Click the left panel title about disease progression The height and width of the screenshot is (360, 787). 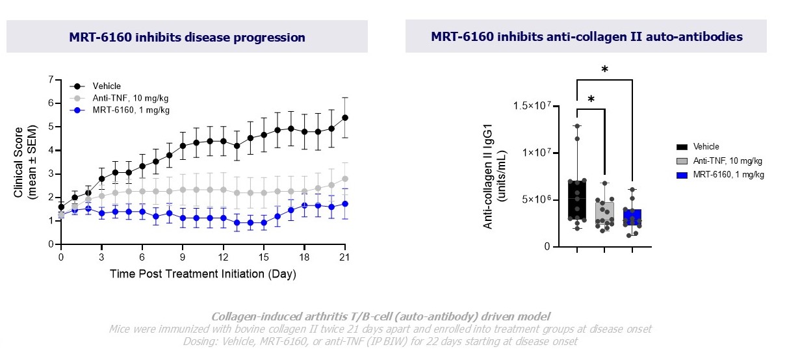[x=187, y=37]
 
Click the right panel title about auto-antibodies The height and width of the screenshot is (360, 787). [x=587, y=37]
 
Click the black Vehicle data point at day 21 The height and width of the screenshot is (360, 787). [x=345, y=118]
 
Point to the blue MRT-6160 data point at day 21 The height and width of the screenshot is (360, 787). [x=345, y=203]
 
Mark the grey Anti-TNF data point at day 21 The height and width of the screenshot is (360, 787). [x=345, y=179]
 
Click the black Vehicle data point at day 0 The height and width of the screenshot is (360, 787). [x=61, y=207]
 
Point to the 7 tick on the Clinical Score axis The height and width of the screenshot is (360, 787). [x=51, y=79]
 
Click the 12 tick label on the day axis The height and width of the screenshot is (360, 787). [x=223, y=257]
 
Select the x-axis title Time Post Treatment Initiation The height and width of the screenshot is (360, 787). [x=203, y=274]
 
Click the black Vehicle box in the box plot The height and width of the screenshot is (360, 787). [x=577, y=200]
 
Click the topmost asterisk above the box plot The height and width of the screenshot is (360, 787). [x=604, y=69]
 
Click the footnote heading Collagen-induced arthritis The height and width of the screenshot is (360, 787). [x=381, y=316]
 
